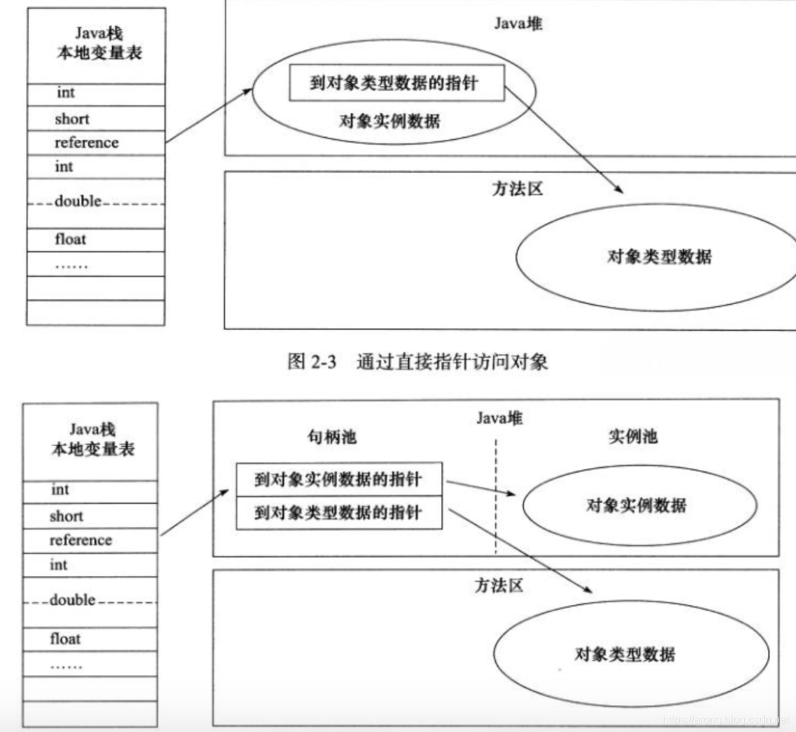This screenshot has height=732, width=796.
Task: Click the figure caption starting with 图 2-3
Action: pyautogui.click(x=418, y=361)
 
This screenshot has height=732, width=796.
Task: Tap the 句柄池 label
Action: pyautogui.click(x=331, y=437)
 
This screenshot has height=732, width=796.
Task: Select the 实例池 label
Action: pyautogui.click(x=632, y=437)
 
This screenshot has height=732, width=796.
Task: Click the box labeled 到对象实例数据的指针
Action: pyautogui.click(x=338, y=479)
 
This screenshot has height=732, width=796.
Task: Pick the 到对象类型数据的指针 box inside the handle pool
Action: pyautogui.click(x=338, y=513)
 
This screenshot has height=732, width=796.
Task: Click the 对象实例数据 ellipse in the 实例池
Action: pyautogui.click(x=638, y=505)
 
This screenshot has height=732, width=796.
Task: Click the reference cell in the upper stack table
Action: pyautogui.click(x=95, y=143)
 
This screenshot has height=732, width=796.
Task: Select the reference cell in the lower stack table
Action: pyautogui.click(x=90, y=541)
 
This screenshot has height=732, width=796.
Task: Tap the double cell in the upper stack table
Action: pyautogui.click(x=95, y=202)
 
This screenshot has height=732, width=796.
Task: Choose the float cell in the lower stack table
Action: pyautogui.click(x=90, y=639)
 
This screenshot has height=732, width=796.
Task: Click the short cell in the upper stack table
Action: pyautogui.click(x=95, y=119)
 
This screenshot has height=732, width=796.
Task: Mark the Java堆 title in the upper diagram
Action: pyautogui.click(x=518, y=24)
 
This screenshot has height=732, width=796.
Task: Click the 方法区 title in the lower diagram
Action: pyautogui.click(x=499, y=585)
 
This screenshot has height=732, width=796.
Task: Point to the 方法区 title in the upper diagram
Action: pyautogui.click(x=518, y=189)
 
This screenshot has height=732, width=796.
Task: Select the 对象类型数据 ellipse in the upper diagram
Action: pyautogui.click(x=657, y=257)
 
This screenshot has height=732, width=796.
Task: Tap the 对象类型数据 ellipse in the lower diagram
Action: pyautogui.click(x=630, y=655)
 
